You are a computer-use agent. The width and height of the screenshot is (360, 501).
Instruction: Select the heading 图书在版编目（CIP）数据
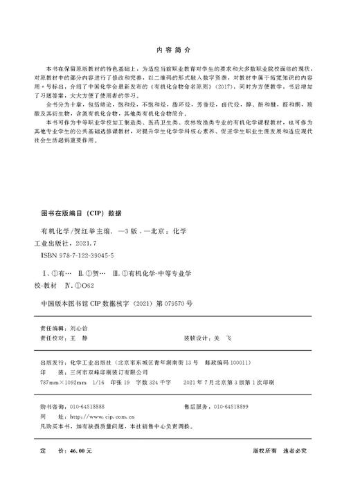click(82, 214)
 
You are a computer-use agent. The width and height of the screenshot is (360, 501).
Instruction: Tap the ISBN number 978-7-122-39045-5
click(82, 255)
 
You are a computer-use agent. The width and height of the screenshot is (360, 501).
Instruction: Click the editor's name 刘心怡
click(82, 330)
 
